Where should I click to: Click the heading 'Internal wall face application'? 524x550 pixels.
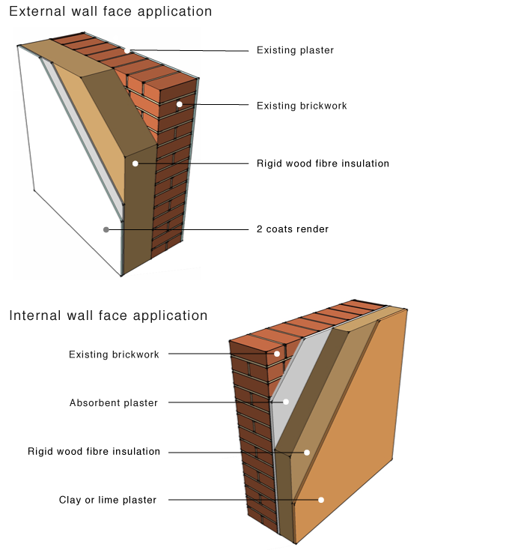pos(108,315)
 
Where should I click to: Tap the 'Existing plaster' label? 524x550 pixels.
pos(295,50)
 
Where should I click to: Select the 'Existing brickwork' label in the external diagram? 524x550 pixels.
pos(302,106)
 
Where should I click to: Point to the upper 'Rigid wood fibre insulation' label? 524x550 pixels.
pos(323,163)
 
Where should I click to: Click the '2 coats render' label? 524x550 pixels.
pos(293,229)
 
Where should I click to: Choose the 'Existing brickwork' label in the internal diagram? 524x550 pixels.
pos(114,354)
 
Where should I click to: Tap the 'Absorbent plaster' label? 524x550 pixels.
pos(114,403)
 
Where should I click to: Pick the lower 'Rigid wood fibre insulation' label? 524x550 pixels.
pos(94,452)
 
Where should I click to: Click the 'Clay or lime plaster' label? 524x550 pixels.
pos(108,500)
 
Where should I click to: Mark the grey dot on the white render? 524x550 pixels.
pos(106,229)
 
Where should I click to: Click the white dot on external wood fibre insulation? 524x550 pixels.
pos(135,163)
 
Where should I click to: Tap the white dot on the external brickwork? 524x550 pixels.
pos(180,104)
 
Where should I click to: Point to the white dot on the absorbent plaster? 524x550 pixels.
pos(285,402)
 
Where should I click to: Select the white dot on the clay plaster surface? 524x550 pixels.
pos(321,500)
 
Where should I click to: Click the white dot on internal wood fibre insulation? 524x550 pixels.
pos(306,453)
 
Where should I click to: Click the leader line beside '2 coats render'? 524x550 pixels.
pos(187,229)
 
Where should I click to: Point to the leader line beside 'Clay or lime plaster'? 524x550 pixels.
pos(225,500)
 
